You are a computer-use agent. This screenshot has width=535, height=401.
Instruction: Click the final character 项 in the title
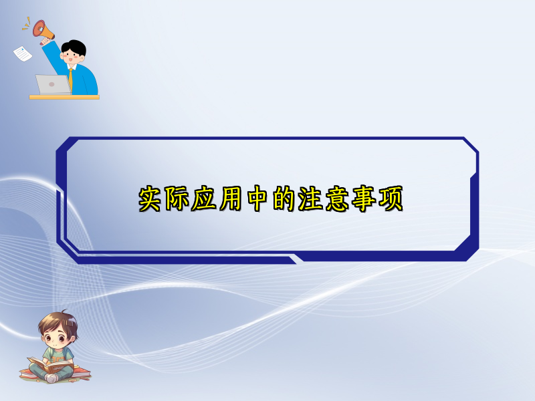(x=391, y=198)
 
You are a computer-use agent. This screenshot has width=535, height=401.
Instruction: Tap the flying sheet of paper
(x=23, y=53)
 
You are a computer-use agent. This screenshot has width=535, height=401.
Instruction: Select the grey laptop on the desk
(x=53, y=84)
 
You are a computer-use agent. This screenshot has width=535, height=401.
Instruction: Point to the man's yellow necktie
(x=70, y=79)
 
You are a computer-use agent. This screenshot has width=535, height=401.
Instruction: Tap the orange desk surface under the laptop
(x=64, y=97)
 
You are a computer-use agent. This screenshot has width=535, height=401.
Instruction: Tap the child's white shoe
(x=51, y=378)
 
